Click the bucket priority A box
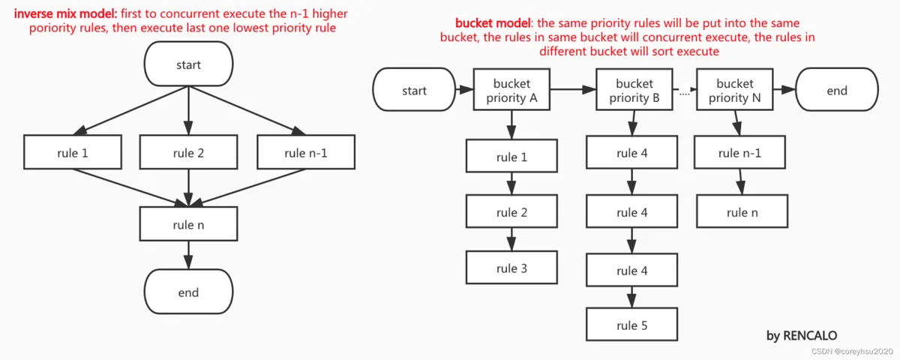(511, 89)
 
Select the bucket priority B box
(634, 89)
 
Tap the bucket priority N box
(734, 89)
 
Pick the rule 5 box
(631, 325)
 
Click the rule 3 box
(511, 268)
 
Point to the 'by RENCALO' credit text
(802, 335)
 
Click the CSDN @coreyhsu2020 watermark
(852, 352)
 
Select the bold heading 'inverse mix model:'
(65, 13)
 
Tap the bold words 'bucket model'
(493, 23)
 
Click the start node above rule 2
(188, 64)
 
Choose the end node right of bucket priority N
(837, 89)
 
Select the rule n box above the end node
(188, 224)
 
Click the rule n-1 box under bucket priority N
(739, 152)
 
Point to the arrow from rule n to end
(188, 255)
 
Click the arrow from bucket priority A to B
(573, 89)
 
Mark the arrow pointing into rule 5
(631, 297)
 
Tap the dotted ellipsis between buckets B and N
(685, 94)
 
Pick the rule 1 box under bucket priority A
(511, 156)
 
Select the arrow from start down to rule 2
(188, 110)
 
